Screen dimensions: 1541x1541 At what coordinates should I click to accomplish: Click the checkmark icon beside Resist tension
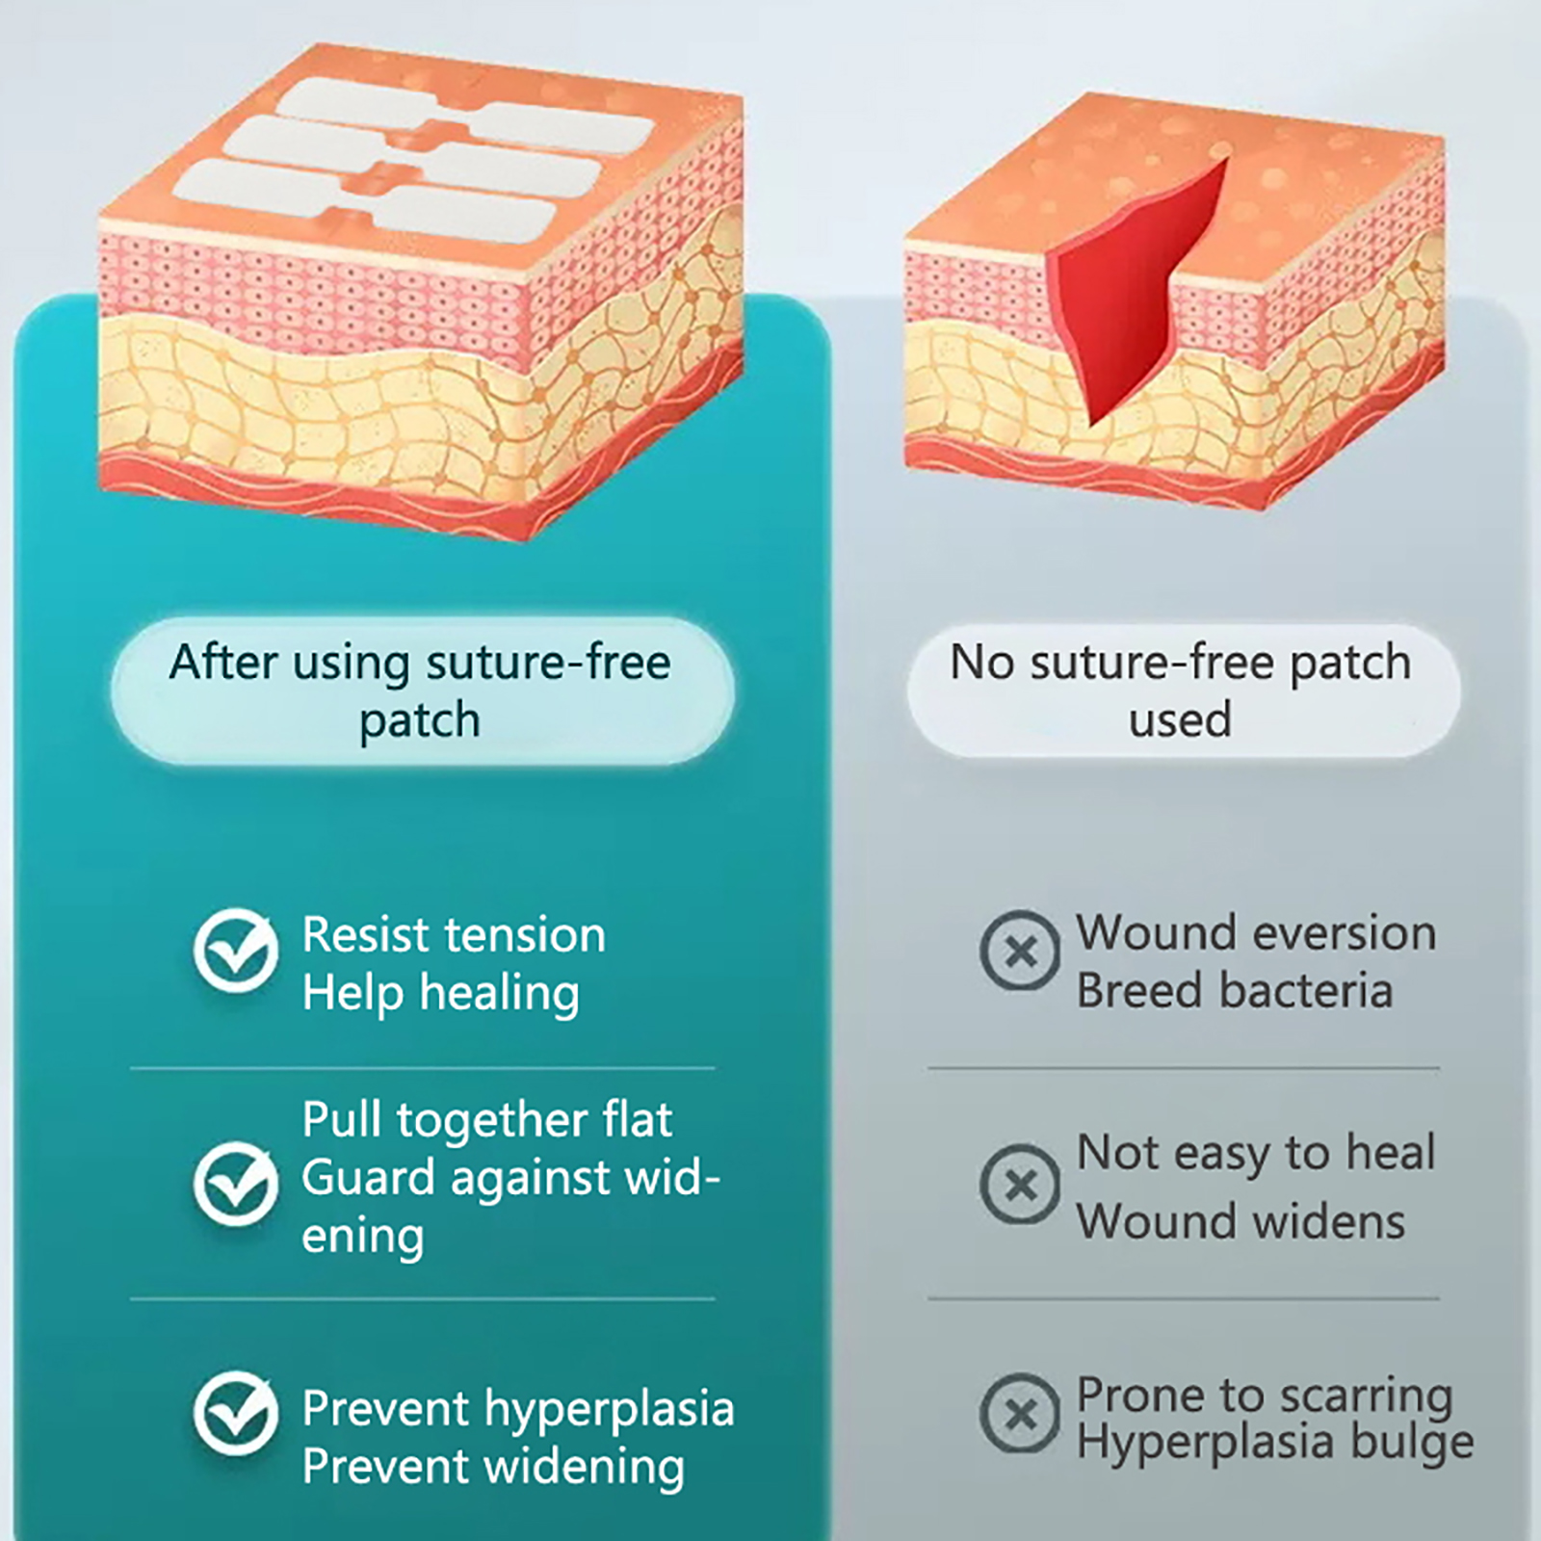coord(236,951)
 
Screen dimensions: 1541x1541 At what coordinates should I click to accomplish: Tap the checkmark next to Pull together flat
coord(236,1184)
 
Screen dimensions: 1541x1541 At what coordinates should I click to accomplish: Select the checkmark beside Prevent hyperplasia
coord(236,1414)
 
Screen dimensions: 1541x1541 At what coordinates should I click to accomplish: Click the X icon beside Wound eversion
coord(1020,952)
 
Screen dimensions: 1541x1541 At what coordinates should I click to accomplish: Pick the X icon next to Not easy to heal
coord(1020,1184)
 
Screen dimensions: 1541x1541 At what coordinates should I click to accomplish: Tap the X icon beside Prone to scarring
coord(1020,1414)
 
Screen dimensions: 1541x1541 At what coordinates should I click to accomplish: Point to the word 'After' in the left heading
coord(223,663)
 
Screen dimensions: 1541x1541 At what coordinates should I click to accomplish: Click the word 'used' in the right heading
coord(1180,719)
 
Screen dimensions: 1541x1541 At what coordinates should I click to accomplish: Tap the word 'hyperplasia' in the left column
coord(610,1409)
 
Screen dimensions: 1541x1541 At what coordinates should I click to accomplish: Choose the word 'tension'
coord(529,935)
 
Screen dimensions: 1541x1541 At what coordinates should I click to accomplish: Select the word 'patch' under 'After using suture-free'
coord(419,721)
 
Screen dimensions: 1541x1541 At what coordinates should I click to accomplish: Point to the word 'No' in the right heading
coord(980,663)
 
